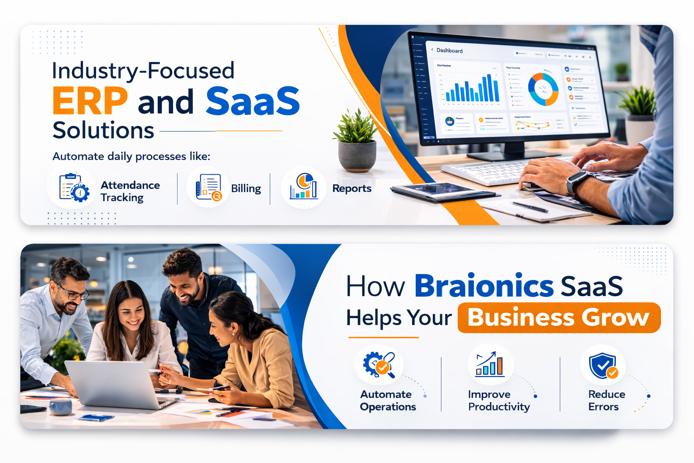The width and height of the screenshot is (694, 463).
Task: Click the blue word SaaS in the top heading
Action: [x=253, y=101]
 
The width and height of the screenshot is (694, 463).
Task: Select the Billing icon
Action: [x=208, y=187]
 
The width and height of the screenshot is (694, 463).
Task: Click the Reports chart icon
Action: [x=304, y=187]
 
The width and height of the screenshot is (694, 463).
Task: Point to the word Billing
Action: [x=246, y=189]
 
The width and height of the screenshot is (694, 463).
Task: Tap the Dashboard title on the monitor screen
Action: [x=449, y=51]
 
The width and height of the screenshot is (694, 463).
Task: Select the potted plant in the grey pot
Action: [x=357, y=142]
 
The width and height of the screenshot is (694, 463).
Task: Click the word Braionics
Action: [x=483, y=286]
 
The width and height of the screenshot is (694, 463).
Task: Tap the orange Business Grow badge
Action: [x=558, y=317]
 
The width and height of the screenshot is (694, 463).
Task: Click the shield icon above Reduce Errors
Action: [x=603, y=365]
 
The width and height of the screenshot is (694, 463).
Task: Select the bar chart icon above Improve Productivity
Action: [x=490, y=365]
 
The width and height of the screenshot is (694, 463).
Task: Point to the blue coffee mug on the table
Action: [x=61, y=407]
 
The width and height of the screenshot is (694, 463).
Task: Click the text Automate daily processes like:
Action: [x=131, y=156]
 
